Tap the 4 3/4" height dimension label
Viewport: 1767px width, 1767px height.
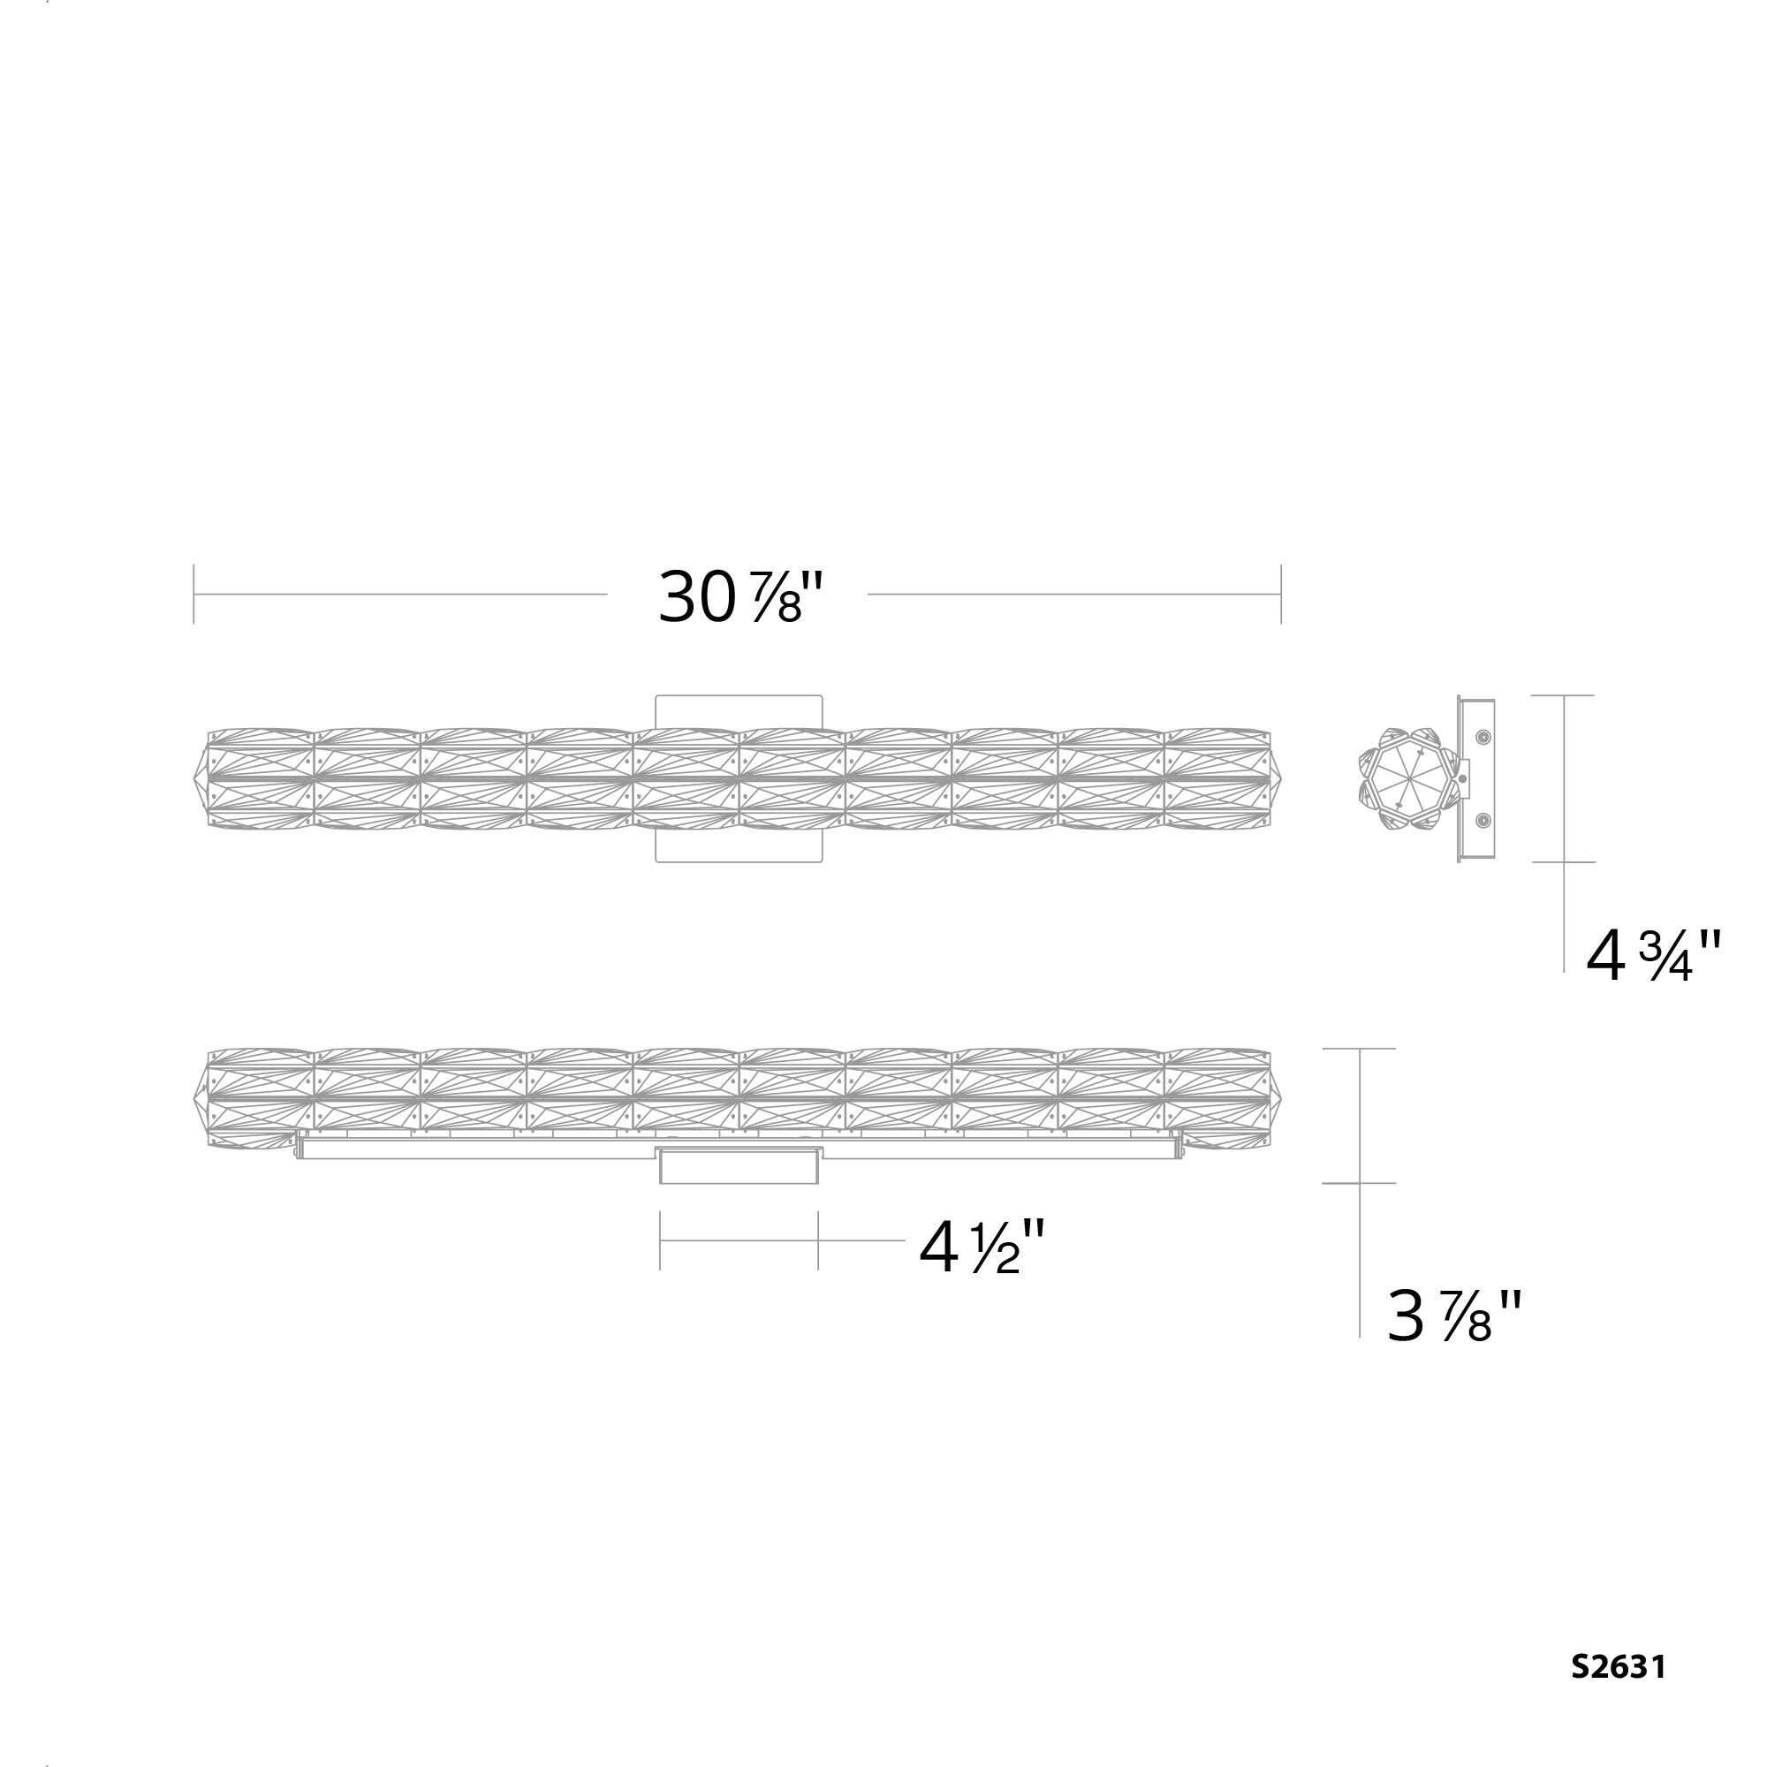(1654, 958)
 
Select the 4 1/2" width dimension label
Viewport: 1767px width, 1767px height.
(982, 1248)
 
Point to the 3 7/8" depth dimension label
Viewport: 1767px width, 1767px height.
(1453, 1316)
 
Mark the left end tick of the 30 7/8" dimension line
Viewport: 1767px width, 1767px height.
(193, 595)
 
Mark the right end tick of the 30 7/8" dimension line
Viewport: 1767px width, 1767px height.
(1280, 595)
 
